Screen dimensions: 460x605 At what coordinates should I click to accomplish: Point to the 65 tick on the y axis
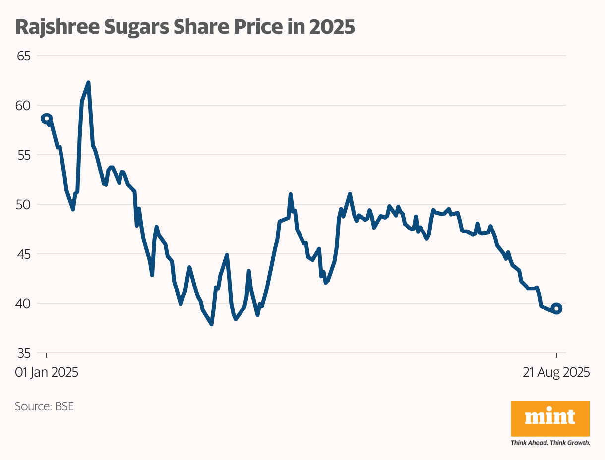point(24,56)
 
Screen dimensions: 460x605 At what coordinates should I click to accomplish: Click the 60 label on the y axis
point(24,106)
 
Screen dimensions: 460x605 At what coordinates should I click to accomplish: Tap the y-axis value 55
point(24,155)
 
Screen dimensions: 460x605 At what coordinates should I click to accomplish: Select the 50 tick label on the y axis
point(24,205)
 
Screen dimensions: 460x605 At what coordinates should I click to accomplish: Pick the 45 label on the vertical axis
point(24,254)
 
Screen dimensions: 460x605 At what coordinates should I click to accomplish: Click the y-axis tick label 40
point(24,304)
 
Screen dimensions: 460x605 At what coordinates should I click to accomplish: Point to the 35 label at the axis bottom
point(24,353)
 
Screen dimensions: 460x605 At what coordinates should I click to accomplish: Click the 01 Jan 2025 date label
point(47,373)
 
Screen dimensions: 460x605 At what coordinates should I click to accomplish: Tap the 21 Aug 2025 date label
point(556,373)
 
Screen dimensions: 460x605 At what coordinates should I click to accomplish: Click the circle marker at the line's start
point(47,118)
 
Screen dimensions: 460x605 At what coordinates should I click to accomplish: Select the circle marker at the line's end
point(556,308)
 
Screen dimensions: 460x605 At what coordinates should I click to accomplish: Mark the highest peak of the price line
point(88,83)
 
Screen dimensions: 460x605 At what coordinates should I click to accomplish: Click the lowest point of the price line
point(212,324)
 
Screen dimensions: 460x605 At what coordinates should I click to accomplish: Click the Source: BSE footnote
point(44,407)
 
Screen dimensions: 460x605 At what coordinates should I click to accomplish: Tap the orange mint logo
point(550,418)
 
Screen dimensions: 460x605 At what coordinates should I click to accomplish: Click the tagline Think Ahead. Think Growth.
point(550,442)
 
